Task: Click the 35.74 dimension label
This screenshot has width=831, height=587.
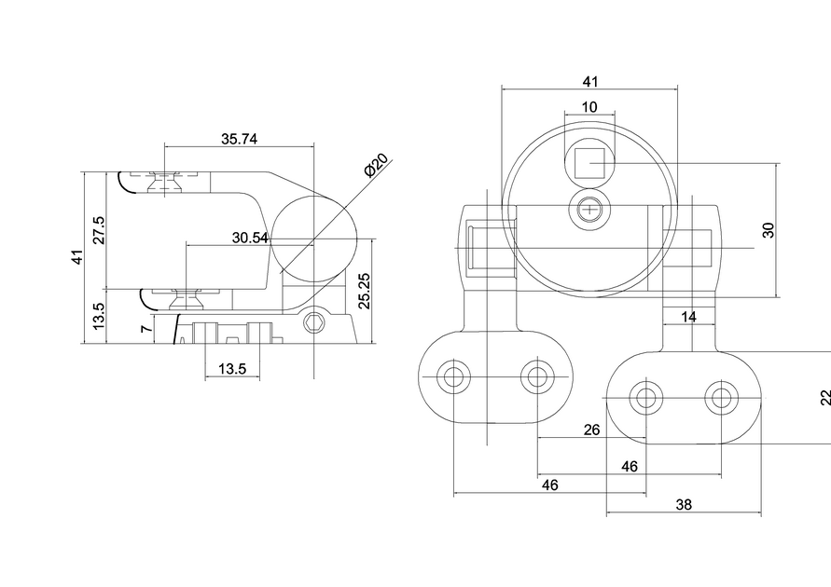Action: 239,139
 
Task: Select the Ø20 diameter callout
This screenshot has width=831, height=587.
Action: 376,166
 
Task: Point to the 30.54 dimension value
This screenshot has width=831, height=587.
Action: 250,239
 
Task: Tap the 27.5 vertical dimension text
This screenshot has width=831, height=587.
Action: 99,230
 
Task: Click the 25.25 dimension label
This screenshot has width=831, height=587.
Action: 365,291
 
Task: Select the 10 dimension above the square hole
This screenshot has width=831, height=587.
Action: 589,107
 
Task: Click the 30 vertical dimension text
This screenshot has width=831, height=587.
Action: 769,230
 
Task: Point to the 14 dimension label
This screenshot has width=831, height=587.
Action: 688,317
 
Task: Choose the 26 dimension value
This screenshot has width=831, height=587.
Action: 591,430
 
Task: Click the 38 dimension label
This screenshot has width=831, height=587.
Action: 684,505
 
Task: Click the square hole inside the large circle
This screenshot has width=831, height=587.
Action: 589,163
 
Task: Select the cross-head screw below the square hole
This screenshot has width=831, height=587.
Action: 589,212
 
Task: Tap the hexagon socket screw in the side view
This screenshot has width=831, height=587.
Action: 314,323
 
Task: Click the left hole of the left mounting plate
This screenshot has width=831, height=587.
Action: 454,377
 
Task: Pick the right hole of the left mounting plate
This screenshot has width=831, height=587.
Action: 536,377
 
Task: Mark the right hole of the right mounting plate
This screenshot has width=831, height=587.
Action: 719,399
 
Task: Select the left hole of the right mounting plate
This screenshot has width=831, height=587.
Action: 644,399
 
